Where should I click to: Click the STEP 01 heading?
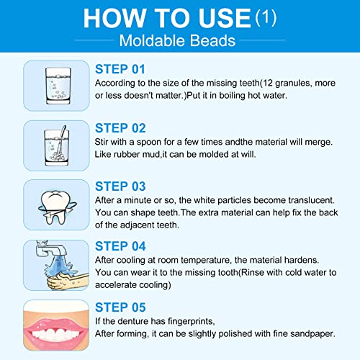coord(120,69)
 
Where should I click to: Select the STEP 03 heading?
coord(121,185)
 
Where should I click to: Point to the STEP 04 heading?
coord(121,246)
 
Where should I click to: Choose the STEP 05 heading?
coord(121,305)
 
